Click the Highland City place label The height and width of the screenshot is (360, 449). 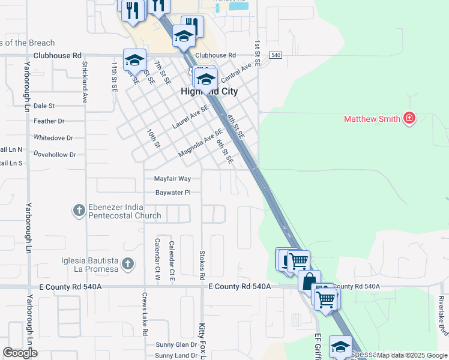point(209,92)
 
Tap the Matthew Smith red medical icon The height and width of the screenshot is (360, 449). point(410,118)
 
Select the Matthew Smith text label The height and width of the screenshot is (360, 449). point(372,119)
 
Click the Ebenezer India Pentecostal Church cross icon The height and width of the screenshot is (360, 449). point(79,210)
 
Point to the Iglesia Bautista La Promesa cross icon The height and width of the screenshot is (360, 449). point(127,263)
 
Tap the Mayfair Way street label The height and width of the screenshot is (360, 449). point(172,179)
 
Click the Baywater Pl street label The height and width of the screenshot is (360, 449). point(173,193)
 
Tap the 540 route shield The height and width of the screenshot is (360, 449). point(276,55)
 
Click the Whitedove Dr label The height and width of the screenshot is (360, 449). point(53,137)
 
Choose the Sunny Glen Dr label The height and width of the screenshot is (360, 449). point(176,345)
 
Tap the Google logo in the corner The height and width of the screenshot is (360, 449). point(20,353)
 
